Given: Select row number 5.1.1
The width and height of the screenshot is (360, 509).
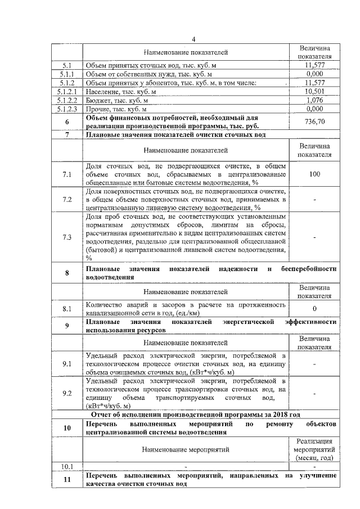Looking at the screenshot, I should (x=67, y=74).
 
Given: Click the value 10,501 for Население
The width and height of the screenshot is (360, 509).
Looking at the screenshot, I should (x=314, y=92).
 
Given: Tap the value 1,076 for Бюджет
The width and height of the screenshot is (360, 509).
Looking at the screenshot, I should (x=314, y=100).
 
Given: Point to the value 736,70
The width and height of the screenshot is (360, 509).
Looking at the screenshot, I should (x=314, y=121).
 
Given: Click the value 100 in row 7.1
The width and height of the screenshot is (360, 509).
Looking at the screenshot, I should (x=314, y=174).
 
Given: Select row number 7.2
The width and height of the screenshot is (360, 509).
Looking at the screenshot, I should (x=67, y=200).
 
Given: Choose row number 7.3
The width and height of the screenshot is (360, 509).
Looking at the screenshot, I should (x=67, y=237).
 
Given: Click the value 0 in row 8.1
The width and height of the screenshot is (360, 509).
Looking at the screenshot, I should (x=314, y=309).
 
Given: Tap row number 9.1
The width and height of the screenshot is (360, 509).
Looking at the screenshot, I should (x=67, y=364).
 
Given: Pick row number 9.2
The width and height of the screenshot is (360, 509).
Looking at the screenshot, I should (x=67, y=393).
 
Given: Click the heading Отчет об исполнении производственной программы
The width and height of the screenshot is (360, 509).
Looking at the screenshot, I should (x=200, y=414).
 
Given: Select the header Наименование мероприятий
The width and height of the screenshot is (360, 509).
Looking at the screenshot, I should (x=186, y=450).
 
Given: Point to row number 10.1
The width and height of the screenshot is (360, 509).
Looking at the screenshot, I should (x=67, y=466).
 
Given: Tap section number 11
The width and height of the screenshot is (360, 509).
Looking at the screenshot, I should (x=67, y=479).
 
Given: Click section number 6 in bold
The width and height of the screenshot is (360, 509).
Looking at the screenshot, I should (x=67, y=121).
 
